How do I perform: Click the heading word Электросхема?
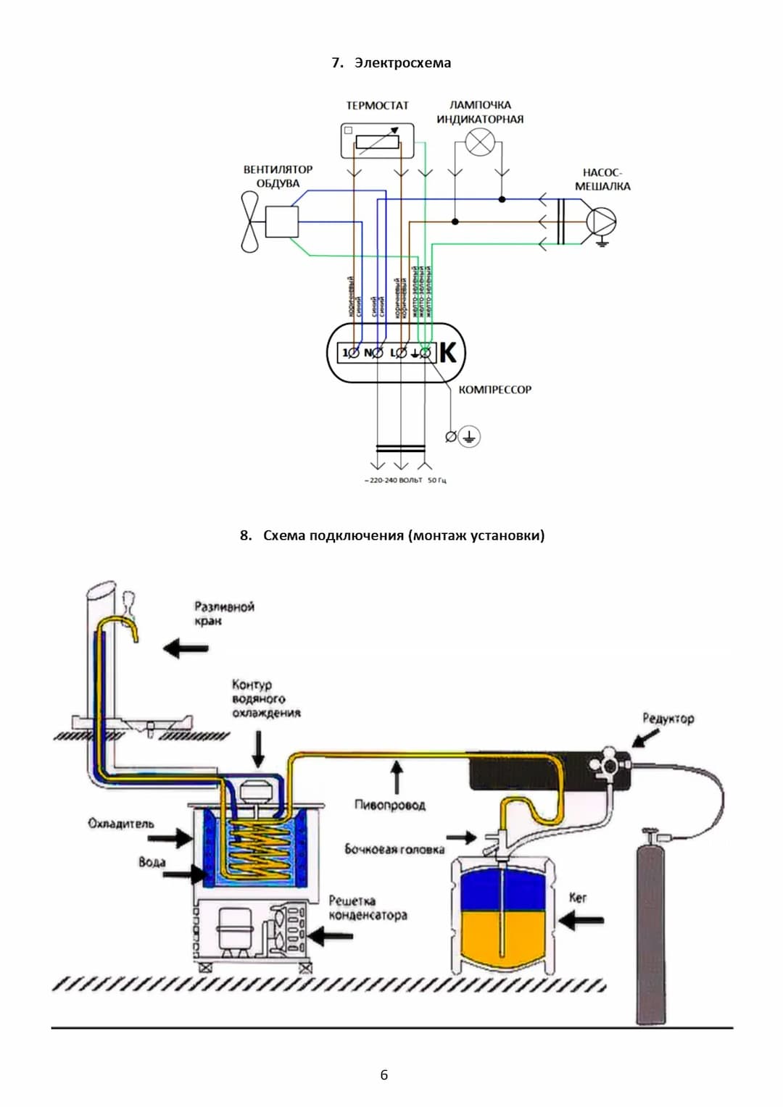(402, 63)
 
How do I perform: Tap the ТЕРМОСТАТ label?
(377, 106)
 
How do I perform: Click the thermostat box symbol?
(377, 141)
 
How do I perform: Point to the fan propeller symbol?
(249, 222)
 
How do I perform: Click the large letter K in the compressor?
(448, 353)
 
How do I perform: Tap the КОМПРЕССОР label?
(494, 390)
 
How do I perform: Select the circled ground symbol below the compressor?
(469, 436)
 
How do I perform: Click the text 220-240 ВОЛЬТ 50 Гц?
(405, 480)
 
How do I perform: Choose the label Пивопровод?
(390, 805)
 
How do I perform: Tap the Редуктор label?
(668, 719)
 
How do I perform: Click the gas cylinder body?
(650, 935)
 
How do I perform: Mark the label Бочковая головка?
(394, 849)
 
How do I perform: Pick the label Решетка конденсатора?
(368, 908)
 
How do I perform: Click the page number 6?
(384, 1074)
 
